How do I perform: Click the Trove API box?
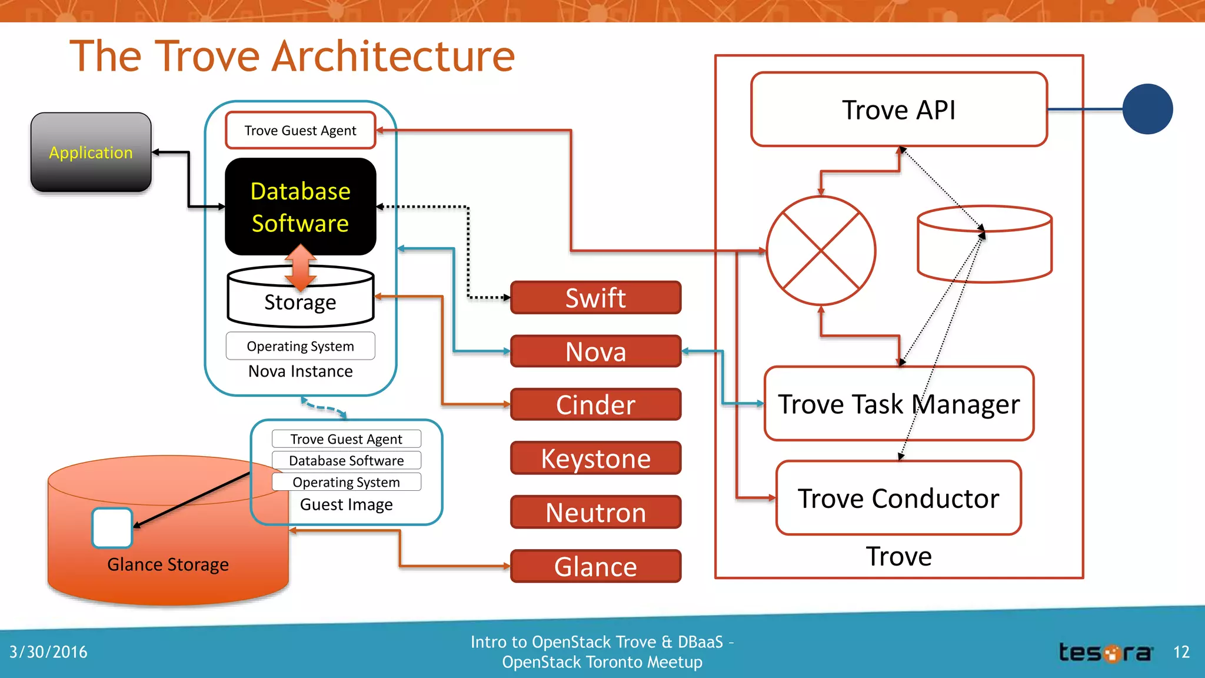coord(898,109)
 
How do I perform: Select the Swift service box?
coord(595,298)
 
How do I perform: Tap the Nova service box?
coord(595,351)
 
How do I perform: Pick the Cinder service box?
coord(595,405)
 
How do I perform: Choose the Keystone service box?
coord(595,458)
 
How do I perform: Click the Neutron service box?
coord(595,512)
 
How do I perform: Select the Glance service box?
coord(595,566)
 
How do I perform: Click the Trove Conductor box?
coord(898,498)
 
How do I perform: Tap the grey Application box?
coord(91,152)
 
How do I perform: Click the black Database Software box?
coord(300,207)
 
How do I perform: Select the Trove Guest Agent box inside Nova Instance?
coord(300,130)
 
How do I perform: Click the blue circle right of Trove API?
coord(1147,109)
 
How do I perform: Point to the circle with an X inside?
coord(820,251)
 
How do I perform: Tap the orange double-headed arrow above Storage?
coord(301,268)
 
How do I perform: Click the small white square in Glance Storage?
coord(112,528)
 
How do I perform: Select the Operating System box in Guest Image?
coord(346,482)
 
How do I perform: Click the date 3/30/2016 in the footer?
coord(48,652)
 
